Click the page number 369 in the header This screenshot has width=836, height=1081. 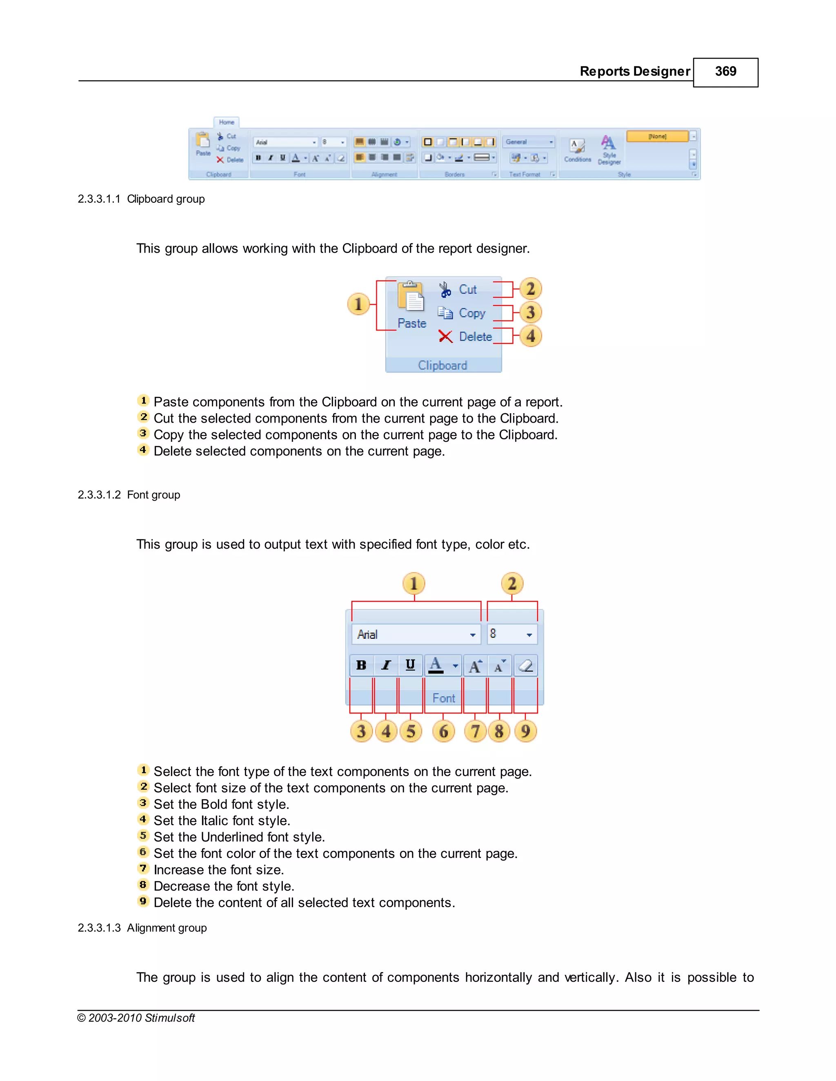click(x=725, y=72)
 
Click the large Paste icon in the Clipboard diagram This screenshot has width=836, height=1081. click(x=411, y=297)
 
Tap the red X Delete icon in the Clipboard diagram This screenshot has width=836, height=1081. click(x=445, y=337)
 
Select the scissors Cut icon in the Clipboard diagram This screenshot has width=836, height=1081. click(x=445, y=290)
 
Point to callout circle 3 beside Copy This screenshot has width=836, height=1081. click(x=530, y=312)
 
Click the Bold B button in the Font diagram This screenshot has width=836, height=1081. click(x=362, y=665)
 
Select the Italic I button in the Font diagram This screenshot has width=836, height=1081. click(x=386, y=665)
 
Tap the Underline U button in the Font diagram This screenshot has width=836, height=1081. click(x=410, y=665)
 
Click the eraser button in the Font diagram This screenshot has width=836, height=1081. click(x=525, y=666)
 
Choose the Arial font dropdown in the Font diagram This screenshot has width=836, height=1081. click(x=416, y=635)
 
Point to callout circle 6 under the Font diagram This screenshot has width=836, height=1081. click(x=443, y=731)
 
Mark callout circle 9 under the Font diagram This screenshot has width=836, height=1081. click(x=525, y=731)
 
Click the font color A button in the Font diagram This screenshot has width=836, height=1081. click(x=436, y=665)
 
